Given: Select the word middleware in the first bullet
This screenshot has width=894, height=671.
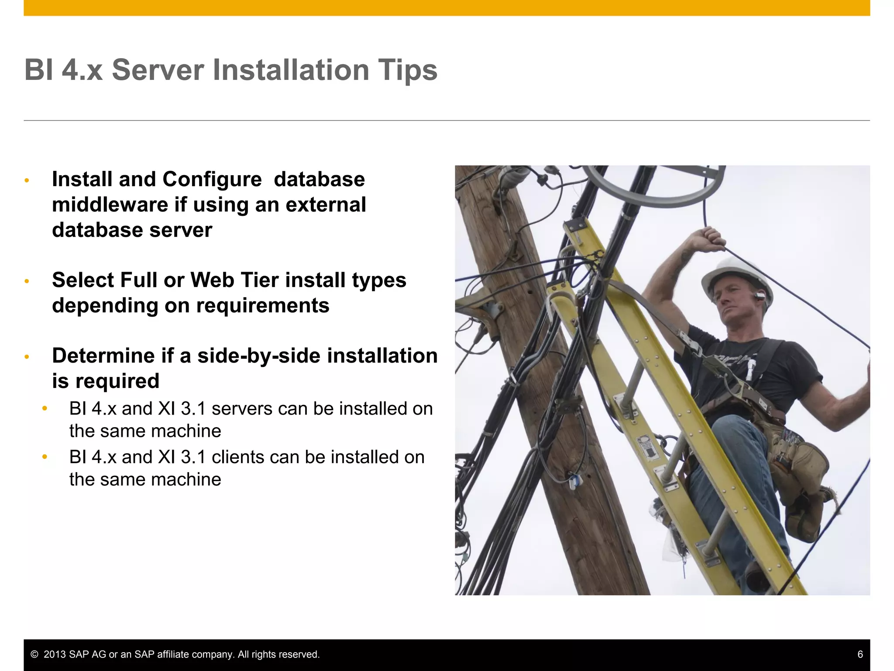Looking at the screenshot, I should [x=110, y=205].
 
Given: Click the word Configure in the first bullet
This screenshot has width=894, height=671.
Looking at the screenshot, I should [x=212, y=180].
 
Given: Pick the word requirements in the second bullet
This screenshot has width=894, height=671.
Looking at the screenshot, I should [x=263, y=305].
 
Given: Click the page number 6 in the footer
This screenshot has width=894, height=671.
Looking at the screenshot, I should [x=860, y=654].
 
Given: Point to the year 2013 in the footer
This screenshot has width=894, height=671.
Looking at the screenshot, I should [x=55, y=654].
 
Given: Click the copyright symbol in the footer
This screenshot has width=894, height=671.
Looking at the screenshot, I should [x=34, y=654].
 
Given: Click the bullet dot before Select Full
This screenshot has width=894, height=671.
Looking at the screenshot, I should [x=27, y=281].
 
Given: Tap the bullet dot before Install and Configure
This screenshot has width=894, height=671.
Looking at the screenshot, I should [x=27, y=180].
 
